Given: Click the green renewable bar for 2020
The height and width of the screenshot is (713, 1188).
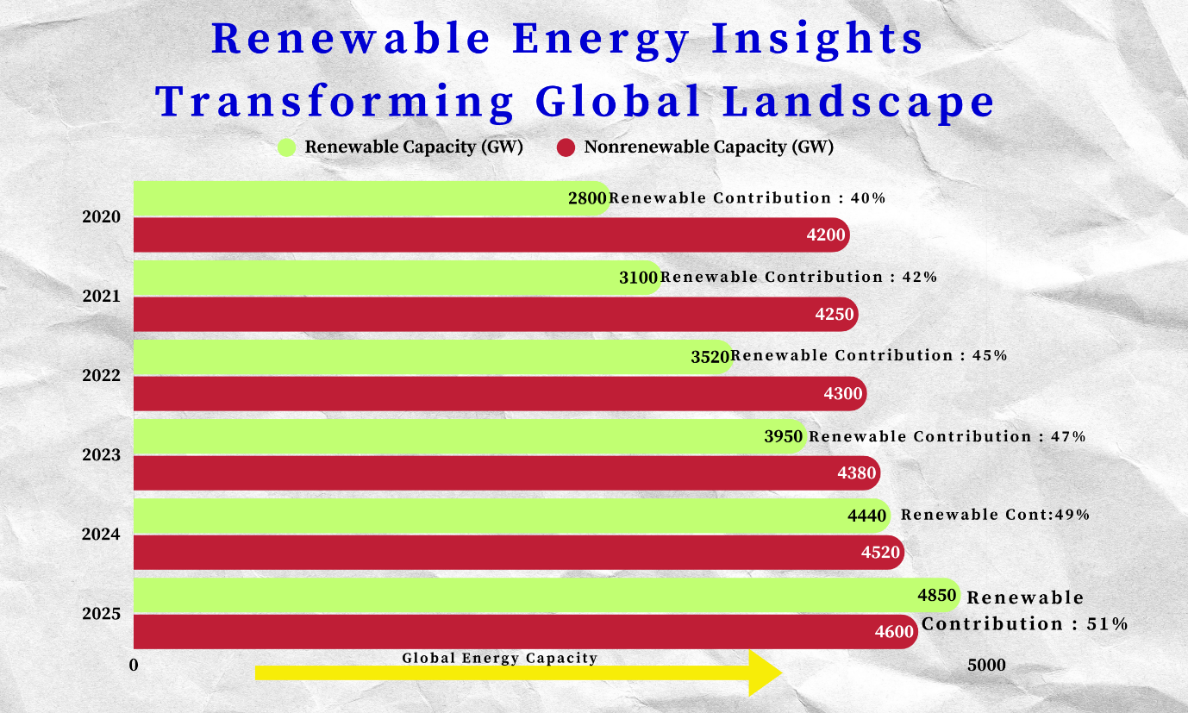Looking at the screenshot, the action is [x=372, y=198].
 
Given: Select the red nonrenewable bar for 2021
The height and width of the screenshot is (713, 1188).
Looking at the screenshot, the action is [x=496, y=314].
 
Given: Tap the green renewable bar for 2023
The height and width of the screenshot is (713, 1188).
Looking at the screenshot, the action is [x=470, y=436].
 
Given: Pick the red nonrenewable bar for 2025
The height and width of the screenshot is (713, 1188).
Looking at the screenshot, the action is [x=526, y=631].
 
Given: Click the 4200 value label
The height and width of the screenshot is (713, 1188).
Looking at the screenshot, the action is [x=826, y=235].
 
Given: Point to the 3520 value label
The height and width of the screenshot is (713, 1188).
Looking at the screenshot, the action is [x=710, y=357].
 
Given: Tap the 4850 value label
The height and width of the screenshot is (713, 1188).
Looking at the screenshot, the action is [x=936, y=595].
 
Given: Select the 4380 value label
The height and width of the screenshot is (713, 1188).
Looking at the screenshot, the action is [x=857, y=472].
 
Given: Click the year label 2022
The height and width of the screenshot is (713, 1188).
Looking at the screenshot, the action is [x=101, y=376].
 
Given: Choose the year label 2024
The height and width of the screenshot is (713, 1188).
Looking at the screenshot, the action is [x=101, y=535].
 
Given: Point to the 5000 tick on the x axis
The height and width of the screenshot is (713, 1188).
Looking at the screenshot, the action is [x=986, y=666].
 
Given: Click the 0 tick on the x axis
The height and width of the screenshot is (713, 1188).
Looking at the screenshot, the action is [x=134, y=666].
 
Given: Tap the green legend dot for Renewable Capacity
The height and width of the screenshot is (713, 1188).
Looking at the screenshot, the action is [x=287, y=147].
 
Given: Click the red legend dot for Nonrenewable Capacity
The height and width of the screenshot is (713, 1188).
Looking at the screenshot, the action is [x=566, y=147].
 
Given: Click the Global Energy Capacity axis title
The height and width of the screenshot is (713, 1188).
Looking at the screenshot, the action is [x=499, y=658].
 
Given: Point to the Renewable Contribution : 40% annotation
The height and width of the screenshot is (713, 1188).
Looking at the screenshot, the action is [x=747, y=198].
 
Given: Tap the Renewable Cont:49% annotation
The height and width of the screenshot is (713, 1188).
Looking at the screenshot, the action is [x=995, y=515].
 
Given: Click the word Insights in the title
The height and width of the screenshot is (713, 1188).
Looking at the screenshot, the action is [x=817, y=40].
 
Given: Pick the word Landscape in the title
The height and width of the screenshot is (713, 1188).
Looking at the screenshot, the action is [x=859, y=102].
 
